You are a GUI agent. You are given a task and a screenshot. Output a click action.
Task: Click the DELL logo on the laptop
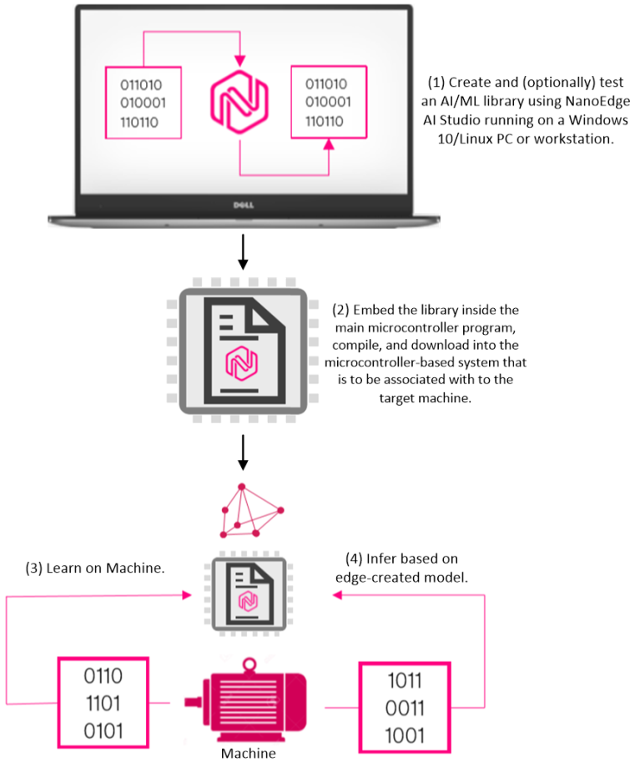(x=243, y=203)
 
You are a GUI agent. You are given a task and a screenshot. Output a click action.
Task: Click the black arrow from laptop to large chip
(x=243, y=253)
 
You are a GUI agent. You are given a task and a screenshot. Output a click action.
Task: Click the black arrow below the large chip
(x=243, y=451)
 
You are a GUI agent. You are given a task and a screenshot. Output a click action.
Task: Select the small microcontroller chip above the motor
(x=246, y=594)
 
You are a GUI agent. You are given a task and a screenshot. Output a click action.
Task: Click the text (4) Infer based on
(x=401, y=558)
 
